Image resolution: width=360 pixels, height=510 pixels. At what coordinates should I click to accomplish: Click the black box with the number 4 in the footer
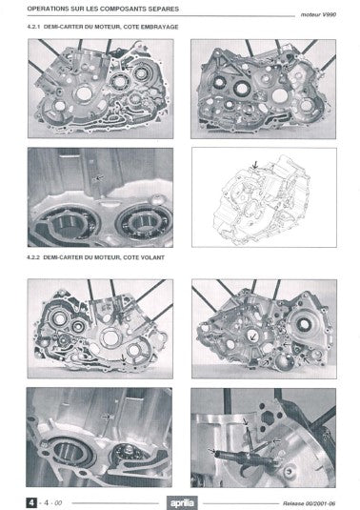(x=33, y=499)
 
